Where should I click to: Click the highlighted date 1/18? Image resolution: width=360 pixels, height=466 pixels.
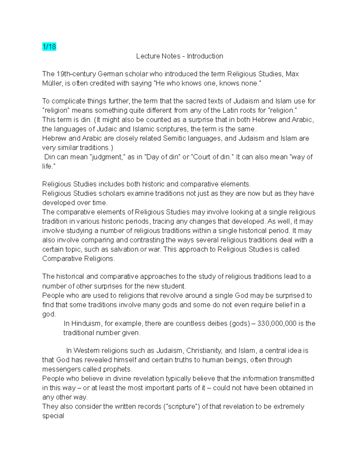[x=49, y=47]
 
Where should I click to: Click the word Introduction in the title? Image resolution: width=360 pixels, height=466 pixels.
[x=205, y=56]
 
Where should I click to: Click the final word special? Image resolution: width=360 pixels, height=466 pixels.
[x=53, y=416]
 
